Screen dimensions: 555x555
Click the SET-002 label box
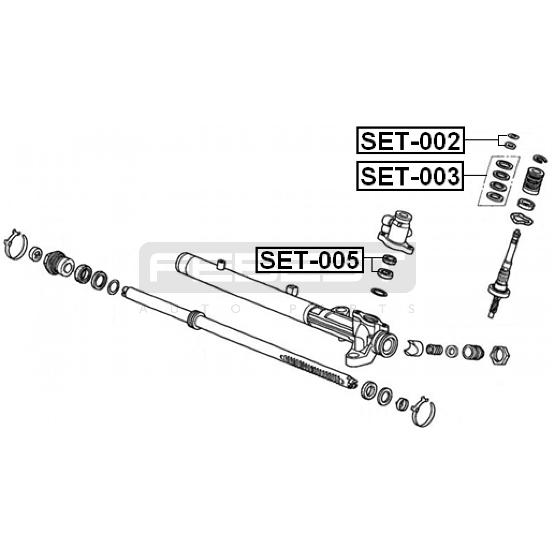(x=410, y=140)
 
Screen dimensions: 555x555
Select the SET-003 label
(x=410, y=176)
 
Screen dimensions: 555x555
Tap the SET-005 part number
(x=309, y=260)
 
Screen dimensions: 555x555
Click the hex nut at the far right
(x=499, y=355)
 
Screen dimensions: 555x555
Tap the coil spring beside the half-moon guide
(x=434, y=349)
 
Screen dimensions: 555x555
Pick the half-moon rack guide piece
(x=413, y=348)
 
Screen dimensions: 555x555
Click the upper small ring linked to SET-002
(x=513, y=136)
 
